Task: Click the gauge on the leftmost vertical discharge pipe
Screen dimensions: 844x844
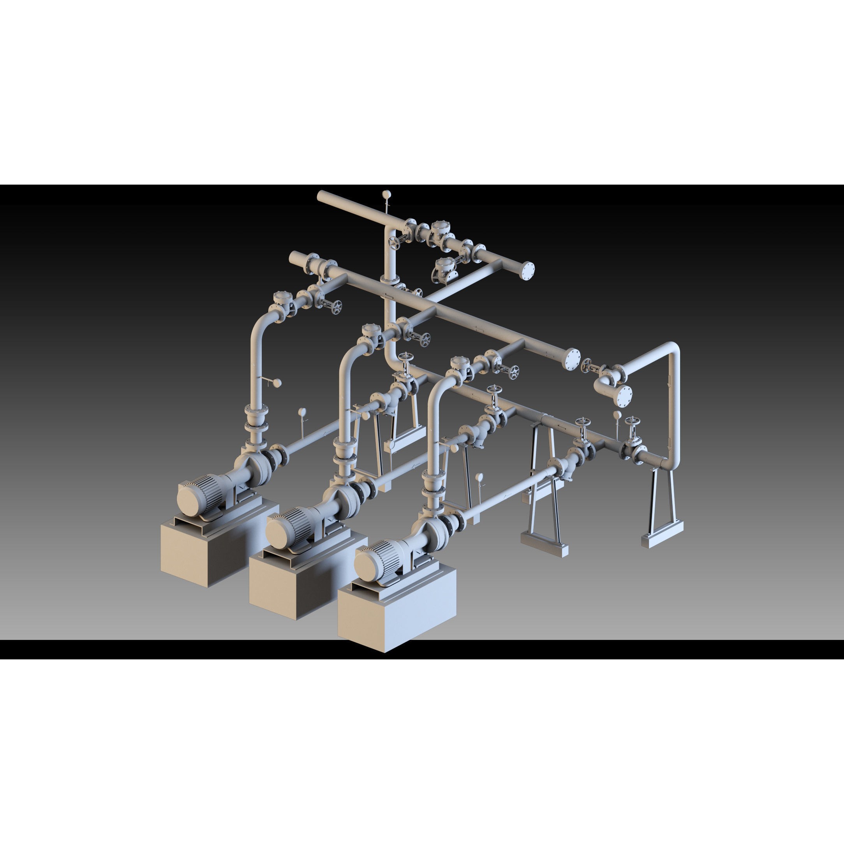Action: coord(277,383)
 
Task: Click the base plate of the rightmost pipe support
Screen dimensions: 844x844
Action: coord(661,540)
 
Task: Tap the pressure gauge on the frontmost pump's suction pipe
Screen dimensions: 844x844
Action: coord(480,477)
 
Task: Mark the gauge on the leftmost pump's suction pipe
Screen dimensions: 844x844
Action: coord(302,412)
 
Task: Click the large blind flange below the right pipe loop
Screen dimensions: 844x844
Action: coord(624,396)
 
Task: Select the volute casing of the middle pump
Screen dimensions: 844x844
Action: coord(345,497)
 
